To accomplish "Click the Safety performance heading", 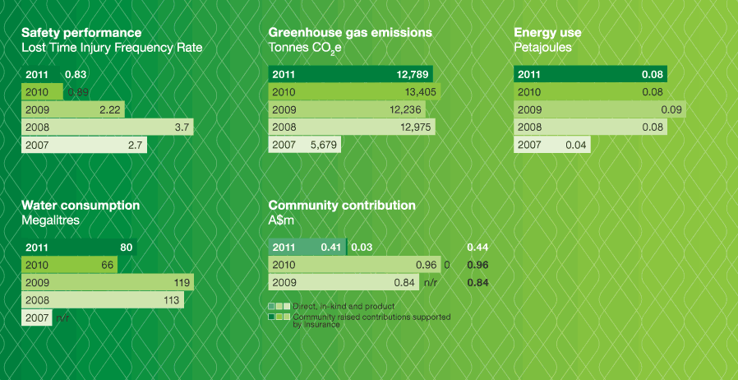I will [81, 33].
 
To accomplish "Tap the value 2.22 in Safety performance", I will [109, 109].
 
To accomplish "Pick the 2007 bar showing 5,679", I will [305, 145].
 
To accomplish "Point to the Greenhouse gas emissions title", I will [350, 33].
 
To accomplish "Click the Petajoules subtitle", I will [542, 48].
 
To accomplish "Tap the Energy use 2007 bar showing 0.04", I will [551, 145].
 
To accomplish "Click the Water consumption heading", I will [81, 206].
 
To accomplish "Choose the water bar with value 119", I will [107, 282].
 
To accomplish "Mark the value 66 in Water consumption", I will [107, 265].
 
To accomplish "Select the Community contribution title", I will [342, 206].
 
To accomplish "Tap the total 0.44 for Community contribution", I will [476, 247].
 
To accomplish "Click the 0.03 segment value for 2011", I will [362, 247].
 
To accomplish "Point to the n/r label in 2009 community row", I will [430, 283].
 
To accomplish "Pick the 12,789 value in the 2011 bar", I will [412, 75].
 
